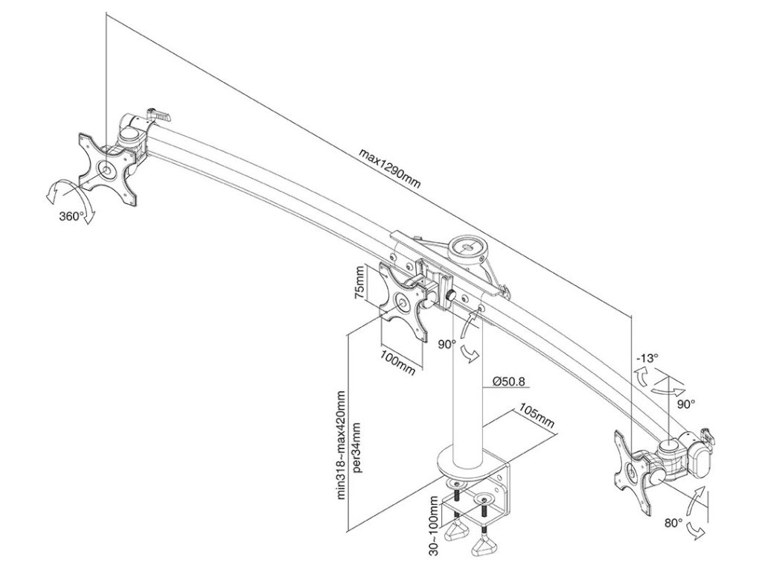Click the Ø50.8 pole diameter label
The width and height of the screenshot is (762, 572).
pyautogui.click(x=508, y=382)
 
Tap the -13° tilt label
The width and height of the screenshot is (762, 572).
pyautogui.click(x=647, y=358)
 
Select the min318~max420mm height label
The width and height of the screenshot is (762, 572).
pyautogui.click(x=342, y=445)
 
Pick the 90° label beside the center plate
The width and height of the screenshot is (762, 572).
pyautogui.click(x=446, y=344)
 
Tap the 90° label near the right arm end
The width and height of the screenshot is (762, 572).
pyautogui.click(x=685, y=403)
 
